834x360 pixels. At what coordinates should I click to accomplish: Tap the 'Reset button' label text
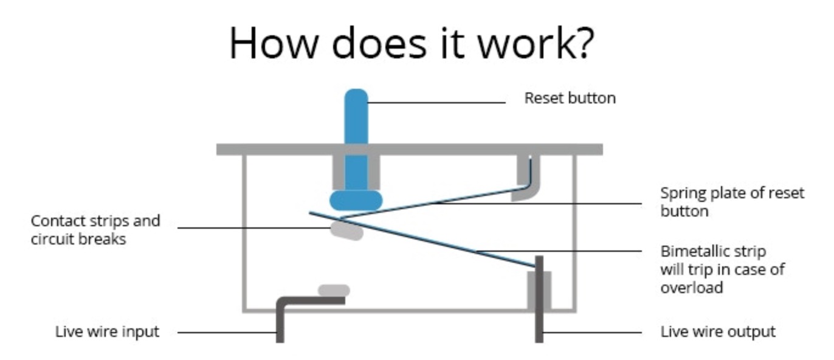(570, 98)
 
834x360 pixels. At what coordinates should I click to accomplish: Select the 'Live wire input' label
(107, 332)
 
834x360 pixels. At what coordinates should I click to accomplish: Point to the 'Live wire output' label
(718, 332)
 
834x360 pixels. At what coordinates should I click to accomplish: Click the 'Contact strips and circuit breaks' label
(95, 230)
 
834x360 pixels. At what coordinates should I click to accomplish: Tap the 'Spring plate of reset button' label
(732, 202)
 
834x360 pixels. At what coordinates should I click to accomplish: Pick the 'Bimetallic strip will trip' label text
(722, 269)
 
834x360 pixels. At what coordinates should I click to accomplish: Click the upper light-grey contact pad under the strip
(346, 230)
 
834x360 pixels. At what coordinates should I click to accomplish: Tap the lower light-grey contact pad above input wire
(334, 290)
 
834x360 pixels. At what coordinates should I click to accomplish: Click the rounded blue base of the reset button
(356, 200)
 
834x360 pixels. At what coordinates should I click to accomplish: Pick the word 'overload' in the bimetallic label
(692, 287)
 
